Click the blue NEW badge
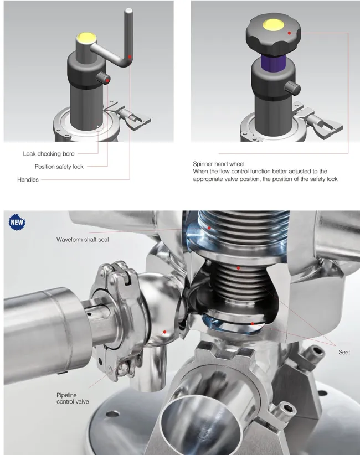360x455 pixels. (16, 223)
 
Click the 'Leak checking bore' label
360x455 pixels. (48, 153)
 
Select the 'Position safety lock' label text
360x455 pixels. (59, 167)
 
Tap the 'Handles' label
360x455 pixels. (28, 180)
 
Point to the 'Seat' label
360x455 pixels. (344, 352)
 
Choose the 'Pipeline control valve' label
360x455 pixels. (73, 398)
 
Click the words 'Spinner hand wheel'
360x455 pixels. (218, 164)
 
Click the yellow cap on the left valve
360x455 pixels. (86, 38)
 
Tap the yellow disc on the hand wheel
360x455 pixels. (274, 24)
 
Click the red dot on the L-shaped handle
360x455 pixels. (130, 56)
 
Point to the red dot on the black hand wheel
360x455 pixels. (289, 33)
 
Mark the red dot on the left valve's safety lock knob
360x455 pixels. (107, 80)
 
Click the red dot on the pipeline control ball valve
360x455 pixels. (164, 332)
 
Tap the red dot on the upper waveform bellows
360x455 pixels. (210, 227)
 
